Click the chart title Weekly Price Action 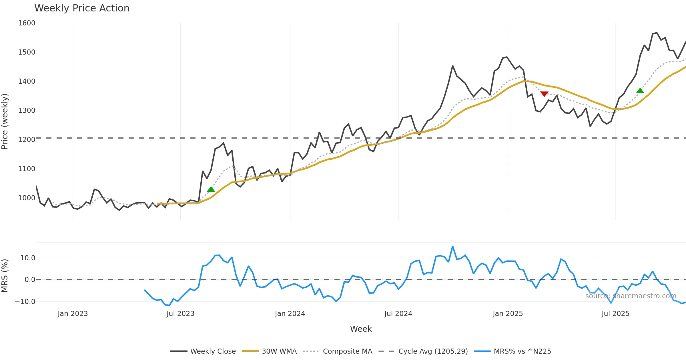(82, 8)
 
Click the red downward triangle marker (544, 94)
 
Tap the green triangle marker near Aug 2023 (211, 189)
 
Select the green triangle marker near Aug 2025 (640, 91)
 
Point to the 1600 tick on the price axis (27, 23)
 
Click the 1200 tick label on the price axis (27, 140)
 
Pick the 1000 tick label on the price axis (27, 198)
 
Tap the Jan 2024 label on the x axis (290, 314)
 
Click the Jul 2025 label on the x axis (615, 314)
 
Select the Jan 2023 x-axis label (73, 314)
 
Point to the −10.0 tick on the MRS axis (25, 302)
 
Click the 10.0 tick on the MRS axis (27, 258)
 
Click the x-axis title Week (361, 329)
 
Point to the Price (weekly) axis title (5, 121)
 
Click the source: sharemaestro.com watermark (631, 296)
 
